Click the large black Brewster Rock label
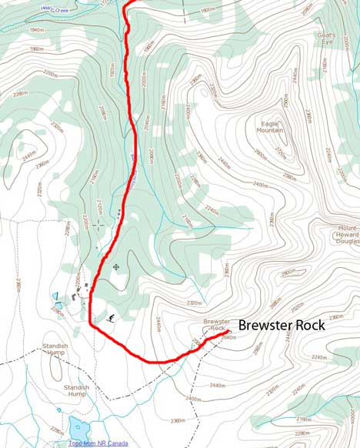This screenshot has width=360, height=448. click(x=282, y=325)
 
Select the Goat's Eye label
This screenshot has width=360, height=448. click(x=326, y=38)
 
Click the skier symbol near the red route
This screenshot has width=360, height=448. click(x=112, y=317)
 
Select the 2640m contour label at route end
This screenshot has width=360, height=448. click(x=228, y=338)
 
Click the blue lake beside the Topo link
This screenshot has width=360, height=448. click(x=78, y=426)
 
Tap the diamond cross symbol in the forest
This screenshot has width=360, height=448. click(x=115, y=267)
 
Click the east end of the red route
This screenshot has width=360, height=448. click(x=229, y=331)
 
